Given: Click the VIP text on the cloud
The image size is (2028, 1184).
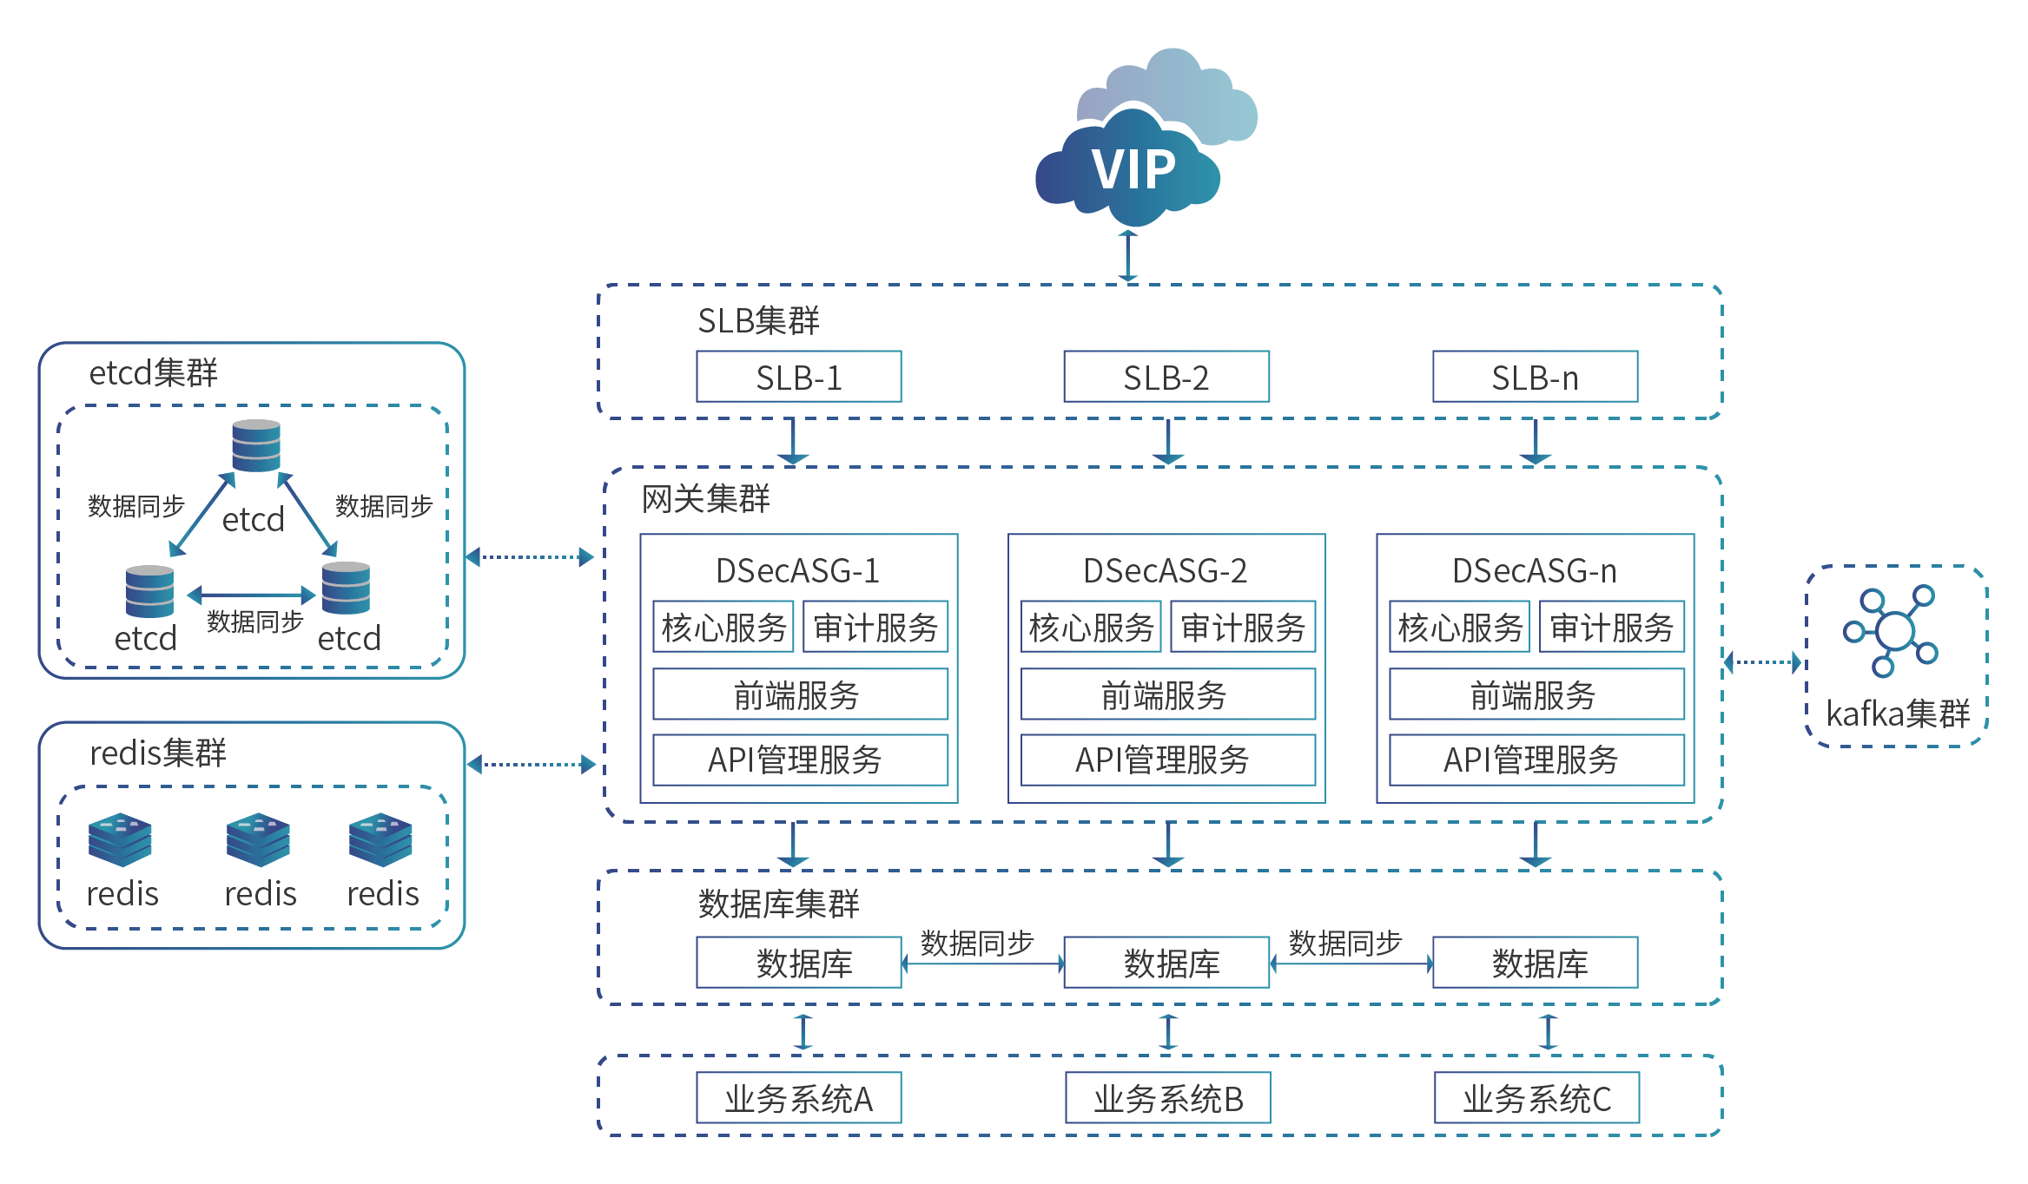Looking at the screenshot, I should [1133, 169].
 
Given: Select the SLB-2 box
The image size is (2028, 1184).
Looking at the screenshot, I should [1166, 377].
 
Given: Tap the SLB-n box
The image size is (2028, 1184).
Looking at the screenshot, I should [1535, 377].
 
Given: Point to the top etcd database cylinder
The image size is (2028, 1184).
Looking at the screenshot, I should [256, 445].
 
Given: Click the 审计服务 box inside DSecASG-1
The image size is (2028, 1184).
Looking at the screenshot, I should [875, 627].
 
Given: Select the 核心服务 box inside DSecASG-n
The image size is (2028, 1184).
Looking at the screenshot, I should [1459, 627].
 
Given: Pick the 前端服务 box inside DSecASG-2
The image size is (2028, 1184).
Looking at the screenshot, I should [1167, 694].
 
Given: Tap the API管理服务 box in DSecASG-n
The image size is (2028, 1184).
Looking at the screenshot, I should [1536, 760].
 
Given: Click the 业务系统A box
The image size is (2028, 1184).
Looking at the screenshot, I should [798, 1098].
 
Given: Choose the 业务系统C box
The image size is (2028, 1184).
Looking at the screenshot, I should [1536, 1098].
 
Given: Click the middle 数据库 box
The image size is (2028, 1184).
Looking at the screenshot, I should [1166, 963].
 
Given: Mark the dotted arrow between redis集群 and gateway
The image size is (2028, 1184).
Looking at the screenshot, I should [531, 765].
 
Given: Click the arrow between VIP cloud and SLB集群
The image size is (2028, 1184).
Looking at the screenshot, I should [1127, 255].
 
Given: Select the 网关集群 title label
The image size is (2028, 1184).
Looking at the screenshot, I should [705, 499].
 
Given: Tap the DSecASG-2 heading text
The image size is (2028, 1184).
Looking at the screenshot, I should [1165, 571].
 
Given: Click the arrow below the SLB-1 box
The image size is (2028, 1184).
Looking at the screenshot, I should [793, 442].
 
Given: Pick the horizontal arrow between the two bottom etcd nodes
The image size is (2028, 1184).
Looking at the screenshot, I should [251, 595].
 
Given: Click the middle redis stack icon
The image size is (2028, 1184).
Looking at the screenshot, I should [258, 839].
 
